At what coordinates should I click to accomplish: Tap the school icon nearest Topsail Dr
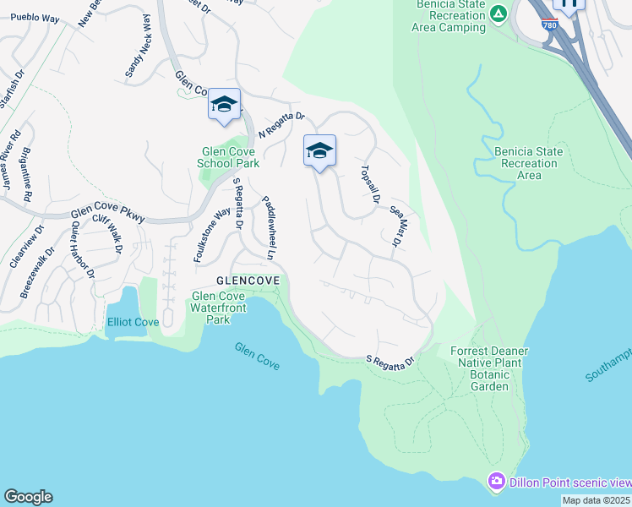(319, 151)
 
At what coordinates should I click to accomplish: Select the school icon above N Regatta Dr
(224, 105)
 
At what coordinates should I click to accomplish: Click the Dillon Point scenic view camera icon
(496, 482)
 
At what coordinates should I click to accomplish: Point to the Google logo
(28, 497)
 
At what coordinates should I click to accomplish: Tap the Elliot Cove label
(133, 323)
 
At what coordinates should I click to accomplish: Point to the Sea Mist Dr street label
(395, 226)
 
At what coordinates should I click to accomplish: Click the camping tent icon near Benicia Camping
(499, 14)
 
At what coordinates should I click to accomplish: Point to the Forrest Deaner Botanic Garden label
(489, 368)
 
